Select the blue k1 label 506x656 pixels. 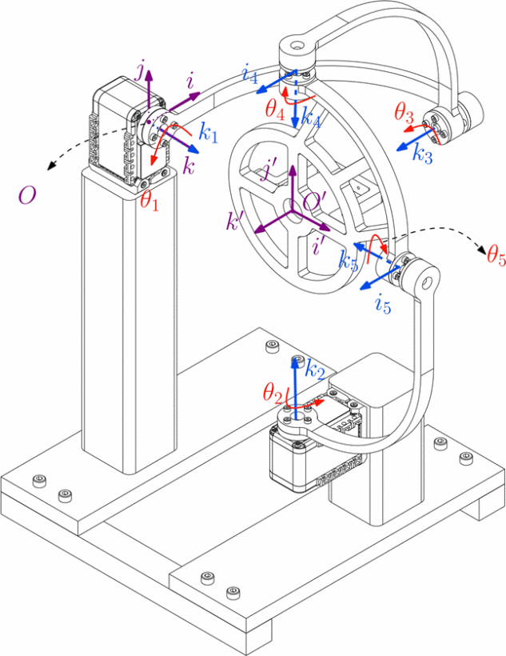pyautogui.click(x=209, y=134)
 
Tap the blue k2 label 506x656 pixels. pyautogui.click(x=315, y=370)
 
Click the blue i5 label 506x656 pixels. pyautogui.click(x=381, y=304)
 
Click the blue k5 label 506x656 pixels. pyautogui.click(x=348, y=261)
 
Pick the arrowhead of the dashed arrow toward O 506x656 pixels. pyautogui.click(x=50, y=166)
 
